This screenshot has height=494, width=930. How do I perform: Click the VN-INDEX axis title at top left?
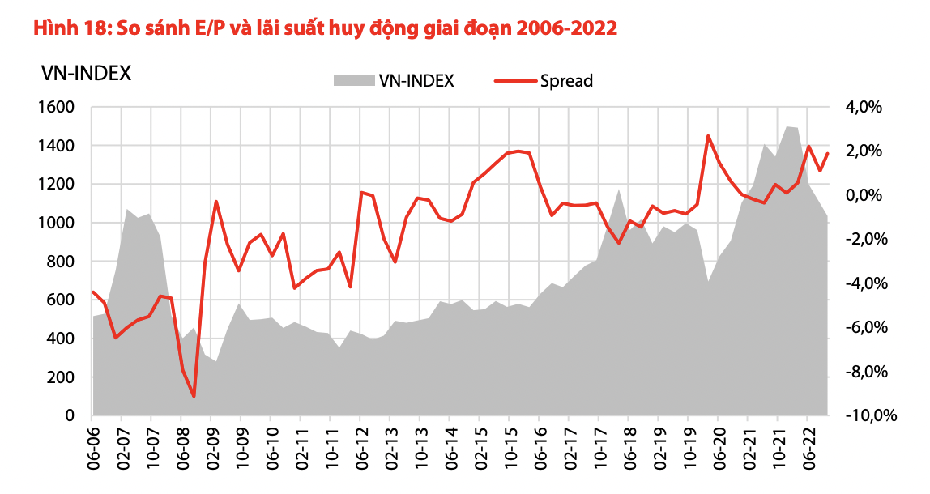pyautogui.click(x=86, y=73)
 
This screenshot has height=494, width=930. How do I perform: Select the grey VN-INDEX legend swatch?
pyautogui.click(x=352, y=80)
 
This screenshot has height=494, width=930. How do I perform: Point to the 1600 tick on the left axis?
pyautogui.click(x=57, y=107)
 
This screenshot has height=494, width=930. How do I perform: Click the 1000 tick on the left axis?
pyautogui.click(x=57, y=223)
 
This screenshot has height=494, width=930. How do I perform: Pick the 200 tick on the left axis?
pyautogui.click(x=62, y=377)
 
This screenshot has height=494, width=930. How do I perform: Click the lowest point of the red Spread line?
pyautogui.click(x=194, y=396)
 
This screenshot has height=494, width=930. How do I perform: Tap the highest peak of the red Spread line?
pyautogui.click(x=708, y=136)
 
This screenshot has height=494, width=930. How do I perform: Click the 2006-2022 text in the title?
pyautogui.click(x=566, y=28)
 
